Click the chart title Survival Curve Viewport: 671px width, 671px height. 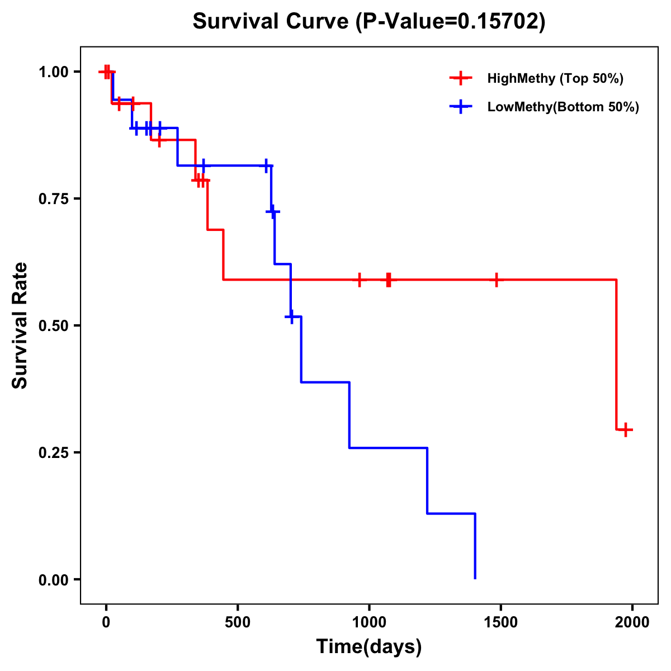[368, 21]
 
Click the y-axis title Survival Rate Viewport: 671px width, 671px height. [20, 325]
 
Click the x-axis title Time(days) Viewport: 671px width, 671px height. [368, 646]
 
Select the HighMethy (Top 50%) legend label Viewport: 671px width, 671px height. [555, 78]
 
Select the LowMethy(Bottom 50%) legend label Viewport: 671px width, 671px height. [563, 107]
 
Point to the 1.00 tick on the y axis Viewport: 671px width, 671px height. [53, 72]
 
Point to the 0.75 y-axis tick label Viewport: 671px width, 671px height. [53, 199]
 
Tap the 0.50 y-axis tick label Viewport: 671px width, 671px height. [53, 325]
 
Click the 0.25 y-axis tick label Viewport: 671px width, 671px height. [53, 452]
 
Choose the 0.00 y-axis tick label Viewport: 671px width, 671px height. [53, 579]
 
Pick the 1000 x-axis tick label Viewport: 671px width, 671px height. [369, 622]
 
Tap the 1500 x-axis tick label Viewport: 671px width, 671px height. [500, 622]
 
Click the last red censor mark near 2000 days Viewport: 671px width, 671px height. [626, 429]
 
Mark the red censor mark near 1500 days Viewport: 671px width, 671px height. [496, 280]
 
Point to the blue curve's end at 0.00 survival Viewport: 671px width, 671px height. [475, 578]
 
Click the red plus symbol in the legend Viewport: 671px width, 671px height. [461, 78]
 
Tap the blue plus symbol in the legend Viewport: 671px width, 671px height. [461, 107]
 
